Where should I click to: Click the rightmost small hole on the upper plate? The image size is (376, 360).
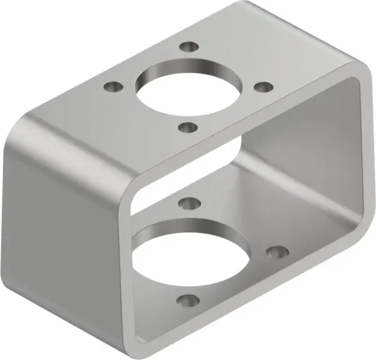click(x=264, y=86)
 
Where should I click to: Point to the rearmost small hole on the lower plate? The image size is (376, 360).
click(x=187, y=203)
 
